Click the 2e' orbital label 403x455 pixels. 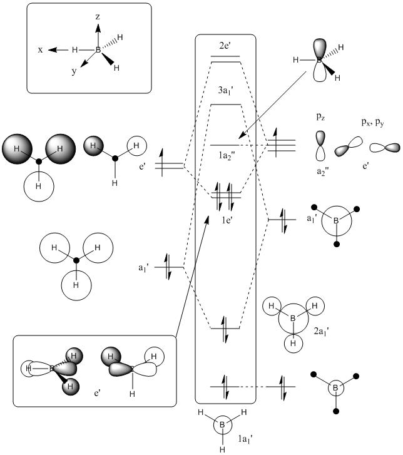click(x=225, y=46)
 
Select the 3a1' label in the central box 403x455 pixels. click(x=226, y=91)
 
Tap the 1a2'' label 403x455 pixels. click(x=227, y=156)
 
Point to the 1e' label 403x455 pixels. click(x=227, y=220)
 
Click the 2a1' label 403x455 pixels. click(x=321, y=331)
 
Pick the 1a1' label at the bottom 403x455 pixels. click(x=245, y=439)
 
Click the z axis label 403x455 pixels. click(x=98, y=17)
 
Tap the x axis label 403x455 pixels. click(x=40, y=50)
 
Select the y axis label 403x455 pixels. click(x=74, y=71)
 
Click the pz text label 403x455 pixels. click(x=320, y=117)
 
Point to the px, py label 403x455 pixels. click(x=372, y=123)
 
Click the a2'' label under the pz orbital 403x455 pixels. click(x=322, y=171)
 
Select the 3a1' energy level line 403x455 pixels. click(x=226, y=105)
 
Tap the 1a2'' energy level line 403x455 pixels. click(x=224, y=145)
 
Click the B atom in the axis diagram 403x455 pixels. click(x=98, y=50)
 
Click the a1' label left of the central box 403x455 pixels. click(x=144, y=268)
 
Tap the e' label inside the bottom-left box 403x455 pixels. click(x=97, y=394)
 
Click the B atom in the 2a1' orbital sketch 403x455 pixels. click(x=293, y=319)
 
